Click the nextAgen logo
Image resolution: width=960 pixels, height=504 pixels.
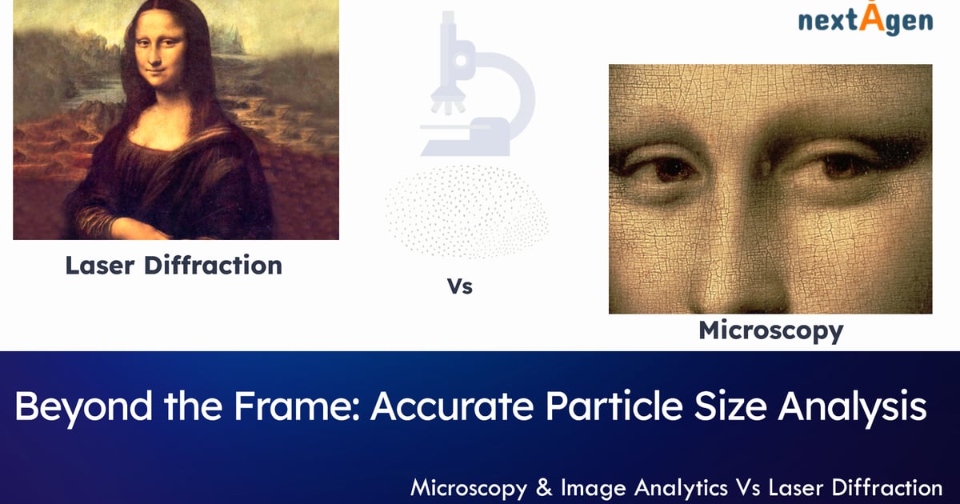866,21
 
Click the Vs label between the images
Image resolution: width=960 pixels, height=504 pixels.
460,286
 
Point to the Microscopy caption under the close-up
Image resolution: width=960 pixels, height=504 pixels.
770,330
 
